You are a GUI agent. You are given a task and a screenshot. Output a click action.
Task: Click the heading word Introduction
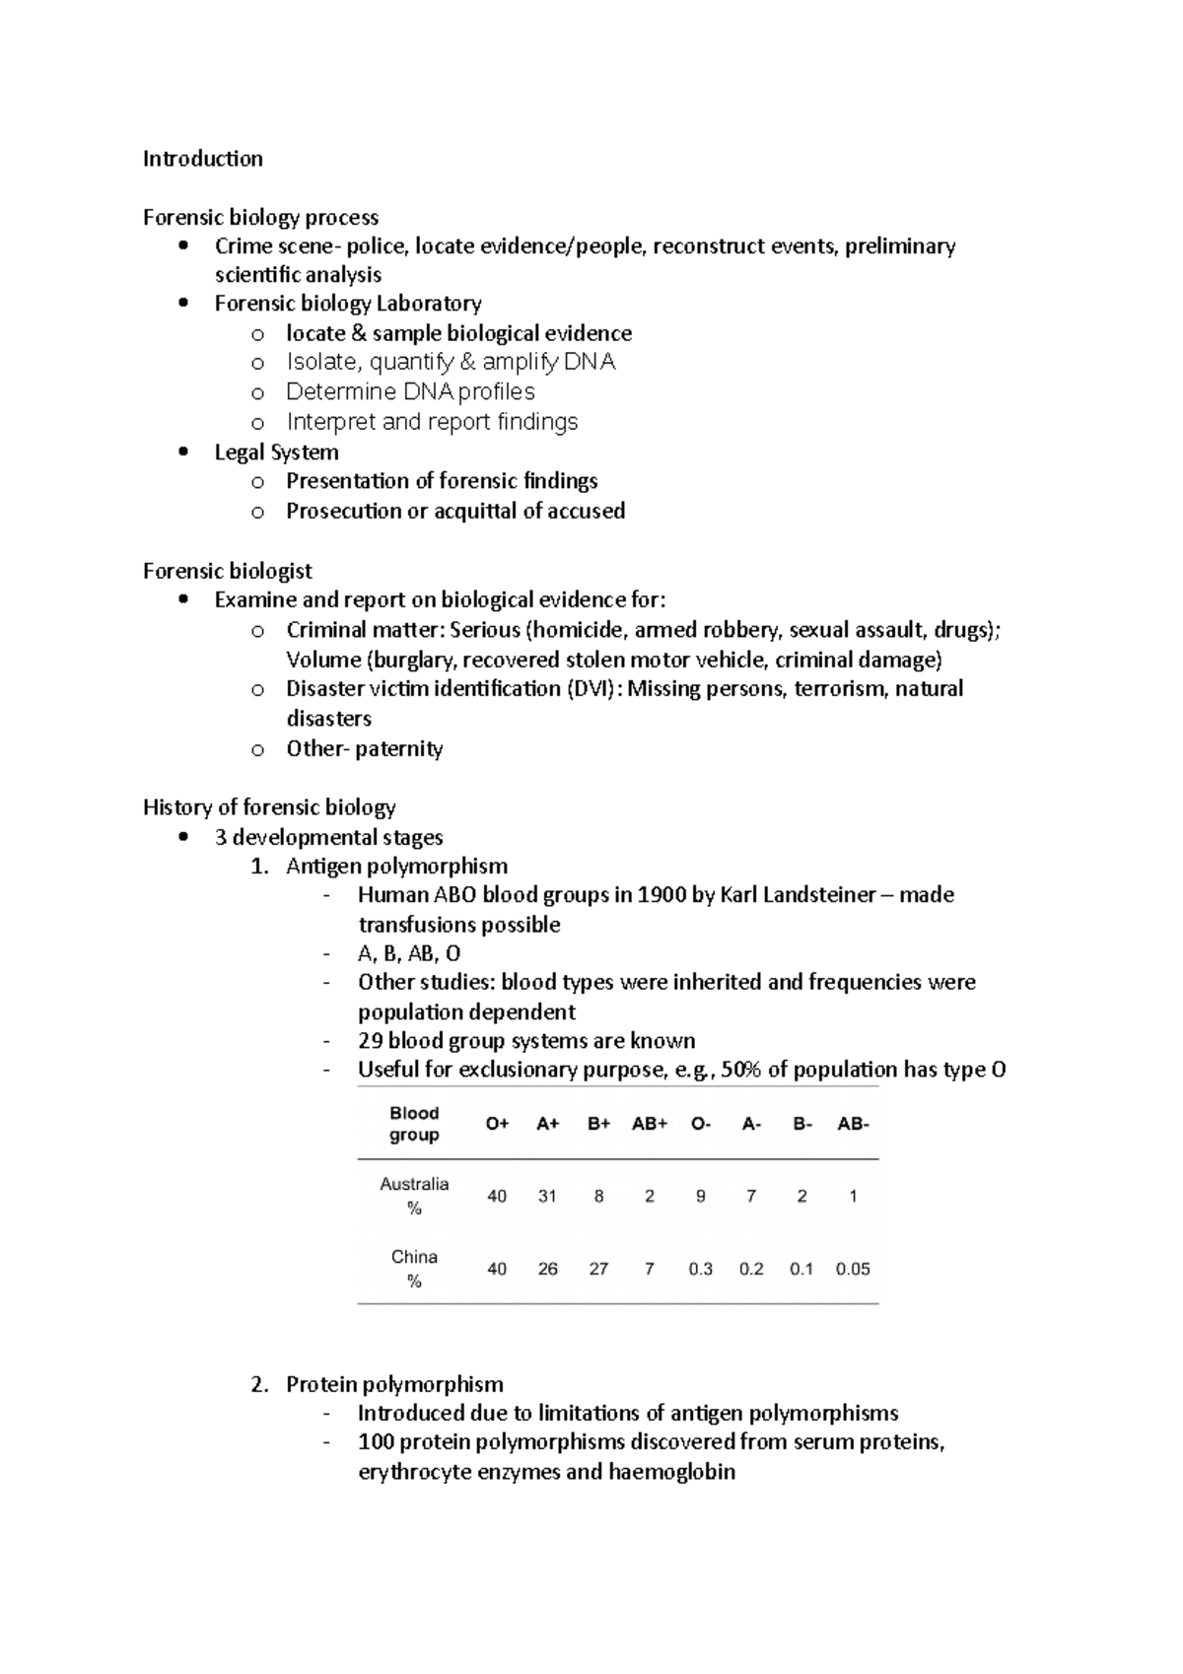tap(202, 159)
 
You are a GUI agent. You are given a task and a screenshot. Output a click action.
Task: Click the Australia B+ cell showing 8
tap(598, 1196)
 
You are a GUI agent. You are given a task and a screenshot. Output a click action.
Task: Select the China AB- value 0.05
tap(852, 1269)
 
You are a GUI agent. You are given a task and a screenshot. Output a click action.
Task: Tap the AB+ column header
tap(650, 1124)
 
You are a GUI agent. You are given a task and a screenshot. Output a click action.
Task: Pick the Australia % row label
tap(414, 1195)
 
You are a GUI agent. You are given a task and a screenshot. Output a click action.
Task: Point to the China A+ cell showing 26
tap(547, 1269)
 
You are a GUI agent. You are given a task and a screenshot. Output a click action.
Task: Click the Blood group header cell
tap(414, 1124)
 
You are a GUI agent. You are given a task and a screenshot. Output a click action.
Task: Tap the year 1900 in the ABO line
tap(662, 895)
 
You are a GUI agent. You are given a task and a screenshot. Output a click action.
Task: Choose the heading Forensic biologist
tap(227, 571)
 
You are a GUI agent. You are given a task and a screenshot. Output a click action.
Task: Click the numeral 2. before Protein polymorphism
tap(259, 1384)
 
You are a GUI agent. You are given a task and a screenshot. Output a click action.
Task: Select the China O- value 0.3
tap(700, 1269)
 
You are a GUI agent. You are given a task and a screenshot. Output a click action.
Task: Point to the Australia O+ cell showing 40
tap(496, 1196)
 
